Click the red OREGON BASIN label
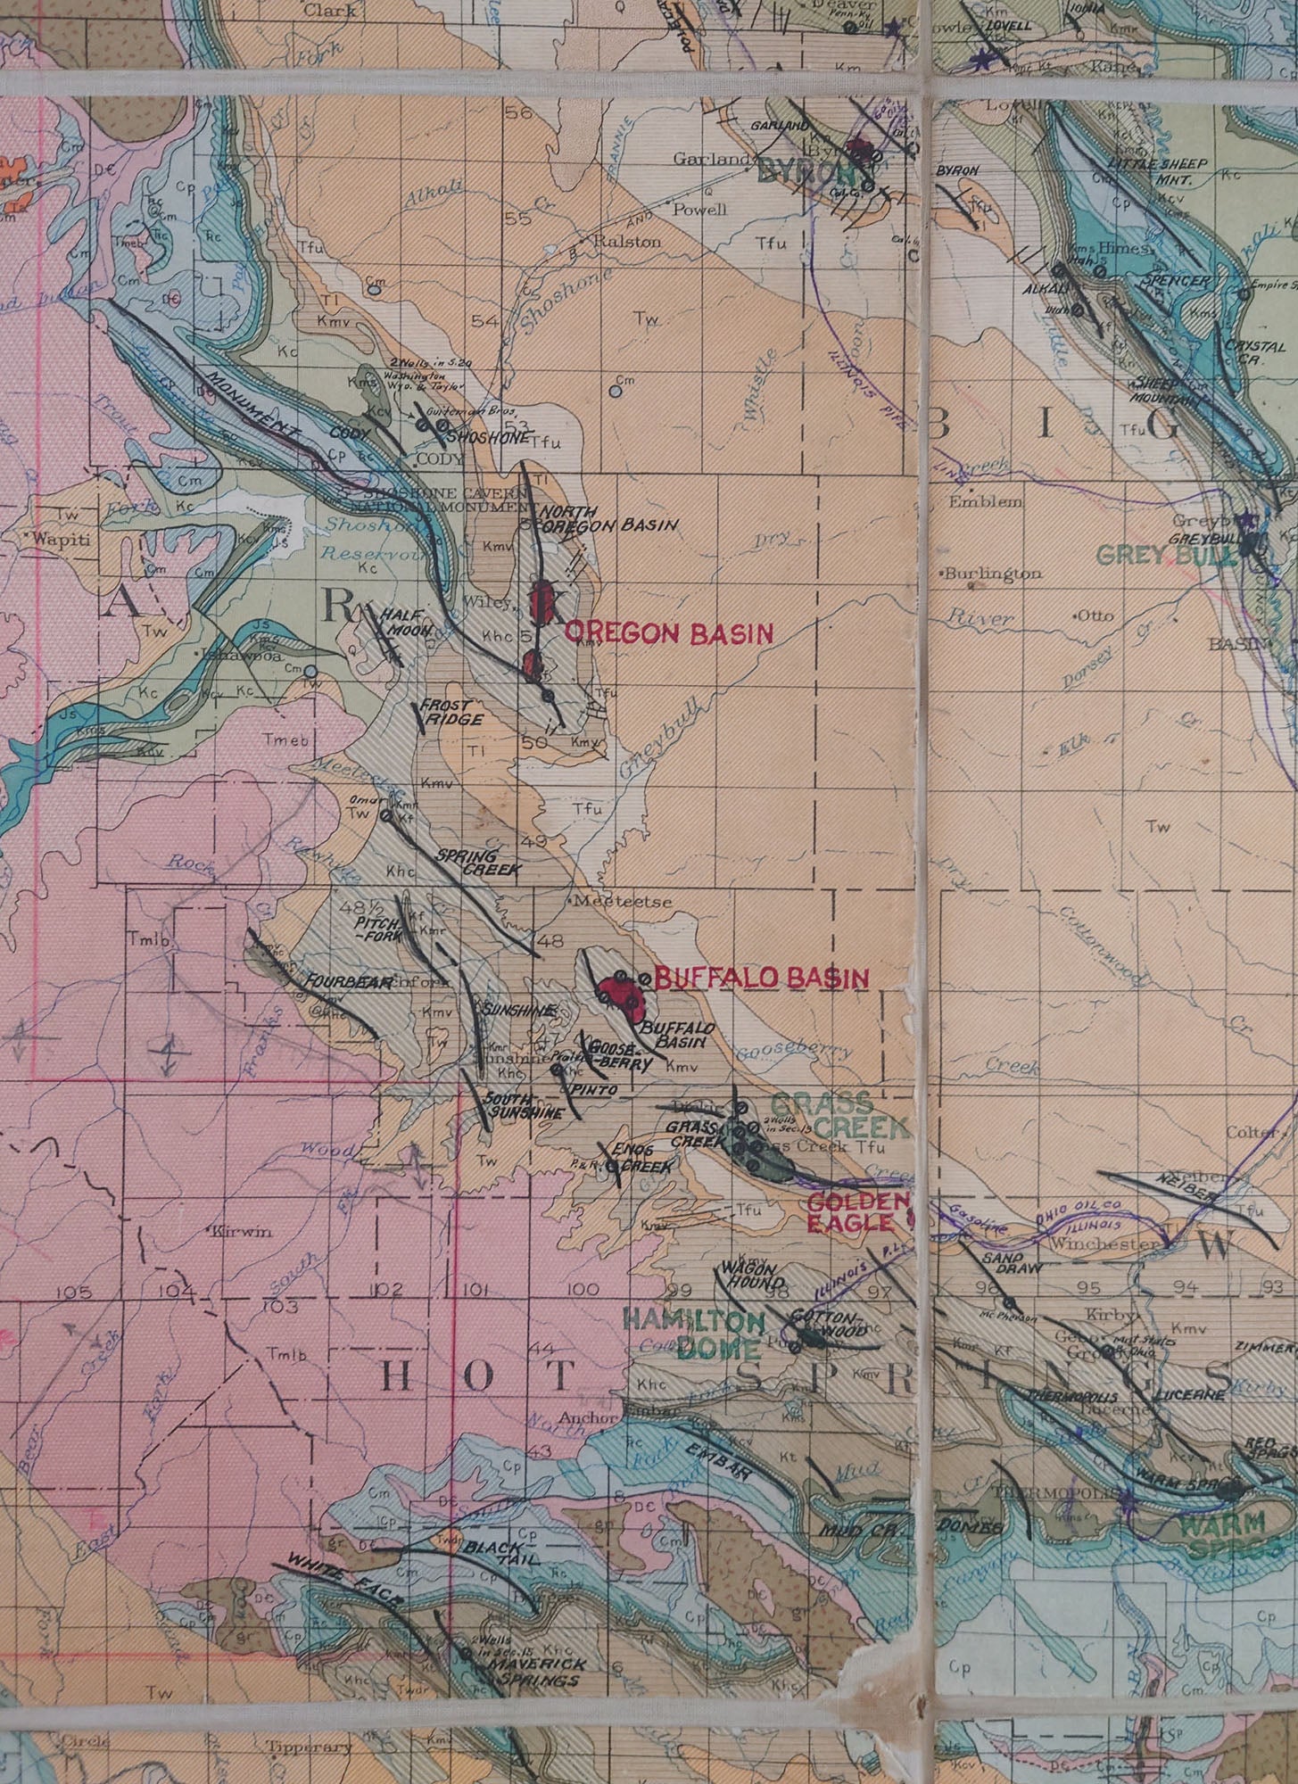[x=668, y=633]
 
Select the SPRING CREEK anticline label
[x=478, y=861]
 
